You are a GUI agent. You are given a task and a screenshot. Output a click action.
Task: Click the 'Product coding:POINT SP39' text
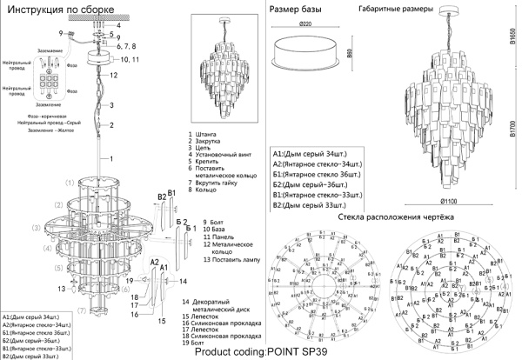click(x=261, y=352)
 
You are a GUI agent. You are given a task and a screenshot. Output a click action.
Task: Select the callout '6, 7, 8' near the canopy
click(x=129, y=43)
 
